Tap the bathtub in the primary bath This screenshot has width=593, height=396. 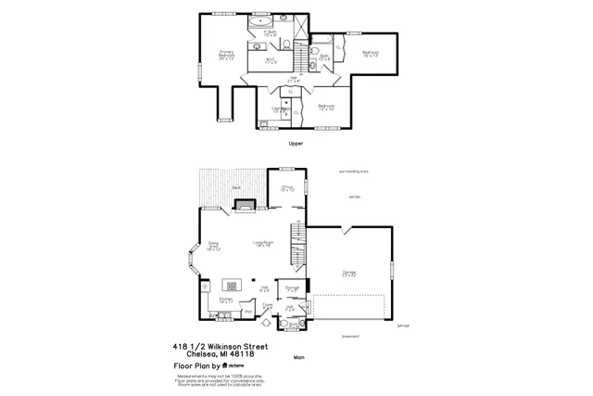tap(263, 19)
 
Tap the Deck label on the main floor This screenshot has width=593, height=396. tap(237, 187)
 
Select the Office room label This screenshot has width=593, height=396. tap(288, 188)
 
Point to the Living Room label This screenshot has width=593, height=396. tap(264, 243)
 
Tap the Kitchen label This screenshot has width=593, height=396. tap(226, 300)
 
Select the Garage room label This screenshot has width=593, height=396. tap(349, 273)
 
